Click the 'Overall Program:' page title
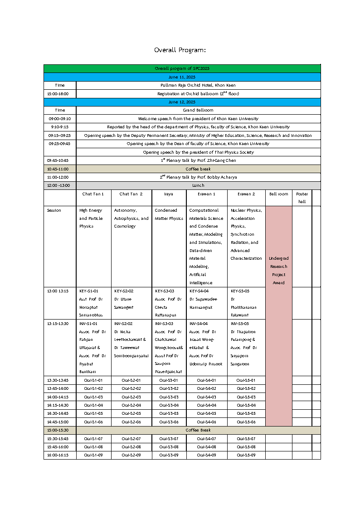(180, 50)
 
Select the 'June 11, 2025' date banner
(181, 77)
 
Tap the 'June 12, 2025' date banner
(181, 102)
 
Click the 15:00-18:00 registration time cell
(60, 94)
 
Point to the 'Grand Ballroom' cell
(198, 110)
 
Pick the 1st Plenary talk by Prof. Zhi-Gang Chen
(198, 160)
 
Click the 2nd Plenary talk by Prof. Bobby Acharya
(198, 177)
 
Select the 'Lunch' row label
(198, 185)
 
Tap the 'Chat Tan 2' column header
(131, 194)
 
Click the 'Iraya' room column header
(169, 194)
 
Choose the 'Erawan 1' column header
(206, 194)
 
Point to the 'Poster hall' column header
(302, 198)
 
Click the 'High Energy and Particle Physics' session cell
(91, 218)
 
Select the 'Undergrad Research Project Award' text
(278, 271)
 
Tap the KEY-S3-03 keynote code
(164, 291)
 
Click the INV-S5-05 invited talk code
(240, 324)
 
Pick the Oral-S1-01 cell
(93, 380)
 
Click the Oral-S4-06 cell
(206, 422)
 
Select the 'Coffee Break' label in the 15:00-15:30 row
(198, 430)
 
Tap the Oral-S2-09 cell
(131, 455)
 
